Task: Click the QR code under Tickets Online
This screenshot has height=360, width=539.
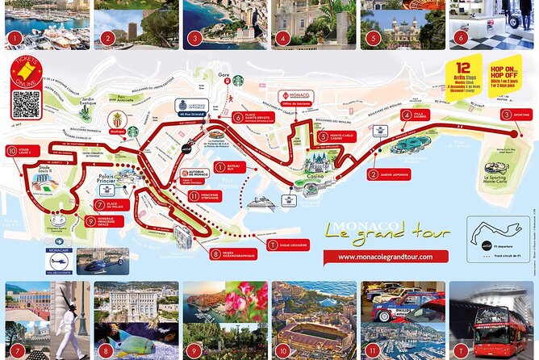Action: (x=27, y=104)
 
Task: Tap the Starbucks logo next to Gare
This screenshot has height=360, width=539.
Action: (x=238, y=81)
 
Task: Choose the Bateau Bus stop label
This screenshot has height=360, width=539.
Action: (x=226, y=168)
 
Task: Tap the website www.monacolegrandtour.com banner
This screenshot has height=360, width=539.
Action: (x=380, y=256)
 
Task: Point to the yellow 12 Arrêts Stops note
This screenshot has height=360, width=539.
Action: (x=462, y=73)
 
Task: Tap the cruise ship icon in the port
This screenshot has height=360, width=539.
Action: (x=264, y=202)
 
